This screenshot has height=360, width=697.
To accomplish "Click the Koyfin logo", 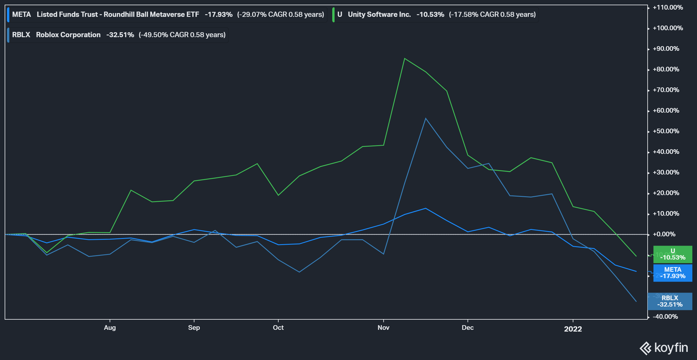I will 664,348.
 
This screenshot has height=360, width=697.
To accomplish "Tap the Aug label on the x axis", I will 110,327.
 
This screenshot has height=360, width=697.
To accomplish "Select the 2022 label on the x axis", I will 573,329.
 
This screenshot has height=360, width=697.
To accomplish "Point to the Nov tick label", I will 383,327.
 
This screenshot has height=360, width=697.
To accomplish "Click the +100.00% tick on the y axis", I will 668,28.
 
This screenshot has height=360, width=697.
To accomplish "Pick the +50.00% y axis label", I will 666,131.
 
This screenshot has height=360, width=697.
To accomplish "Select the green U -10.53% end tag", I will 673,254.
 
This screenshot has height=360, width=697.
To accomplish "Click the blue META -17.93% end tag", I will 673,273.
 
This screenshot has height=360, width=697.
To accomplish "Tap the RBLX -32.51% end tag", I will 670,301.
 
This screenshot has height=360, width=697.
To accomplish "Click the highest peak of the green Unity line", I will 405,59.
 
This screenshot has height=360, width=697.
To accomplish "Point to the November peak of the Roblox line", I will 425,118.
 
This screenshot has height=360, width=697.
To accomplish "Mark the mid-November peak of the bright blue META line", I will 425,208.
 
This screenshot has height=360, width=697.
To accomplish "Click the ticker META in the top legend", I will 21,15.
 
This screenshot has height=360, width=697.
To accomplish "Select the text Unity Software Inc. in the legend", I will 379,15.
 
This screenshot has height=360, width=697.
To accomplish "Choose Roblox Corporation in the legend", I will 68,35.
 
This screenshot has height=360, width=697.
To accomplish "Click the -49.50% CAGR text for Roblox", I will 182,35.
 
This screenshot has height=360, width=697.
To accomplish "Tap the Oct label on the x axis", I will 278,327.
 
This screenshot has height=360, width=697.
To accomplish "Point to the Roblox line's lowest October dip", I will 299,272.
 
